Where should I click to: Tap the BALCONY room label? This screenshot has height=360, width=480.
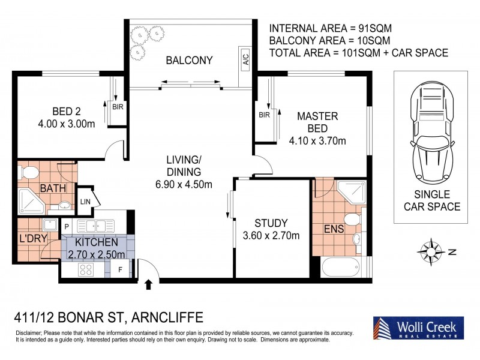point(189,61)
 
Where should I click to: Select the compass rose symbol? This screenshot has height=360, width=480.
point(431,252)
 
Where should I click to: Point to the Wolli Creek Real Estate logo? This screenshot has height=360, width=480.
point(418,328)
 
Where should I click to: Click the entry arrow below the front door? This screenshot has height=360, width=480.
point(148,284)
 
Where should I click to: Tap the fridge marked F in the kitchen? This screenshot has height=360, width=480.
point(121,269)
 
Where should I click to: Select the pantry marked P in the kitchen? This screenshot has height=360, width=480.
point(67,227)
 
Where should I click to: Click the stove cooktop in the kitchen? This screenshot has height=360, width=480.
point(86,269)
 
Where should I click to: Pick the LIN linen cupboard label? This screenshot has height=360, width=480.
point(85,202)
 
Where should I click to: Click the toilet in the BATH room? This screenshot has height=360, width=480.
point(28,172)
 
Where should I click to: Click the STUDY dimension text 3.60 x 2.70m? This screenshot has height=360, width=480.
point(271,236)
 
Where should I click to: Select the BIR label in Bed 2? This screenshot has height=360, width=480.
point(118,107)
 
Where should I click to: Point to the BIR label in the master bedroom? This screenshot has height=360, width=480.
point(264,115)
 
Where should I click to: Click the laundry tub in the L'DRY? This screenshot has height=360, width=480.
point(50,224)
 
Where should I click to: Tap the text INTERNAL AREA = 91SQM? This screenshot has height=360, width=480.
point(331,28)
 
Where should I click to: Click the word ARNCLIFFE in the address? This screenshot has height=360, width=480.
point(167,317)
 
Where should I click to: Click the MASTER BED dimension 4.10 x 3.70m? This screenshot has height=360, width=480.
point(317,141)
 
